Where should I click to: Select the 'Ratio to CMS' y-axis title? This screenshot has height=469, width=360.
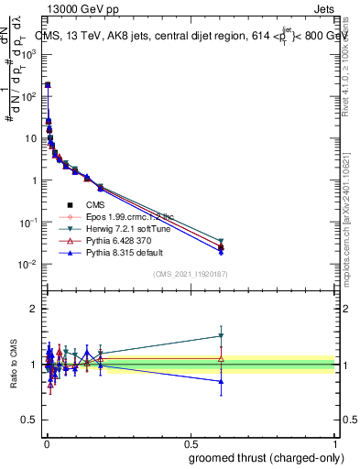13,365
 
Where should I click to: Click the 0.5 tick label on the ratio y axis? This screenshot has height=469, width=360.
29,421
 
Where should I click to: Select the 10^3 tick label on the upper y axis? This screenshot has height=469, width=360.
29,54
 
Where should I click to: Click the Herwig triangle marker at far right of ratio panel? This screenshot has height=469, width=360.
221,336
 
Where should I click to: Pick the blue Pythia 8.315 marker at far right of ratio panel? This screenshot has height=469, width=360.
221,381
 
